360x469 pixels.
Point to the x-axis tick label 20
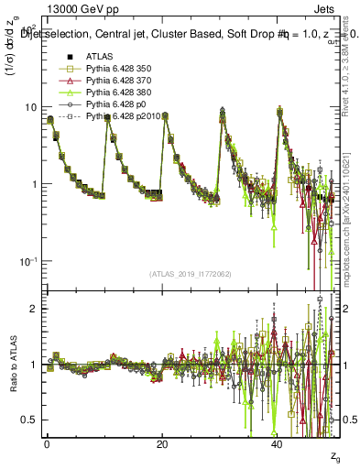(162, 443)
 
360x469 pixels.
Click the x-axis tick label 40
(277, 443)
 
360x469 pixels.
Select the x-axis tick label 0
(47, 443)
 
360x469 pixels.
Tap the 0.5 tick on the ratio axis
(29, 420)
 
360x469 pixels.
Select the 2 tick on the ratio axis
(33, 310)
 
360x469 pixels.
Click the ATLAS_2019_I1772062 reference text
(189, 274)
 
